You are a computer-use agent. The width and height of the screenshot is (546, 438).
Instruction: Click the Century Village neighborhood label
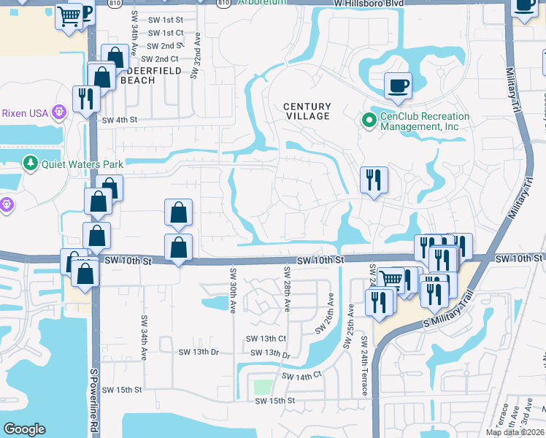(x=307, y=111)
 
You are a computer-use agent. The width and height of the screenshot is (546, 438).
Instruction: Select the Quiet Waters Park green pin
(x=30, y=162)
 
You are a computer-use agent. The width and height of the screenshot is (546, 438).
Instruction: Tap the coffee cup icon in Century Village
(x=398, y=87)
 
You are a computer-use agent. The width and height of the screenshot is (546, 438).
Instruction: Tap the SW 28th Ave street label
(x=286, y=291)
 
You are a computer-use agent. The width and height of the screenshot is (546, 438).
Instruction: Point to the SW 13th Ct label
(x=266, y=339)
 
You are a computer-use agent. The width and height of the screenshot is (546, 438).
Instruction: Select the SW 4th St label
(x=119, y=120)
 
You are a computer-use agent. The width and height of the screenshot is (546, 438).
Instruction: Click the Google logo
(x=25, y=429)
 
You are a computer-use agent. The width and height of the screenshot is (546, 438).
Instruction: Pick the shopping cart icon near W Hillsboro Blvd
(x=69, y=15)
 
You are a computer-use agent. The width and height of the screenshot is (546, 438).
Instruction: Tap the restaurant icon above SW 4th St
(x=86, y=99)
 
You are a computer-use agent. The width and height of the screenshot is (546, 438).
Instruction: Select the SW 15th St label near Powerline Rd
(x=121, y=390)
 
